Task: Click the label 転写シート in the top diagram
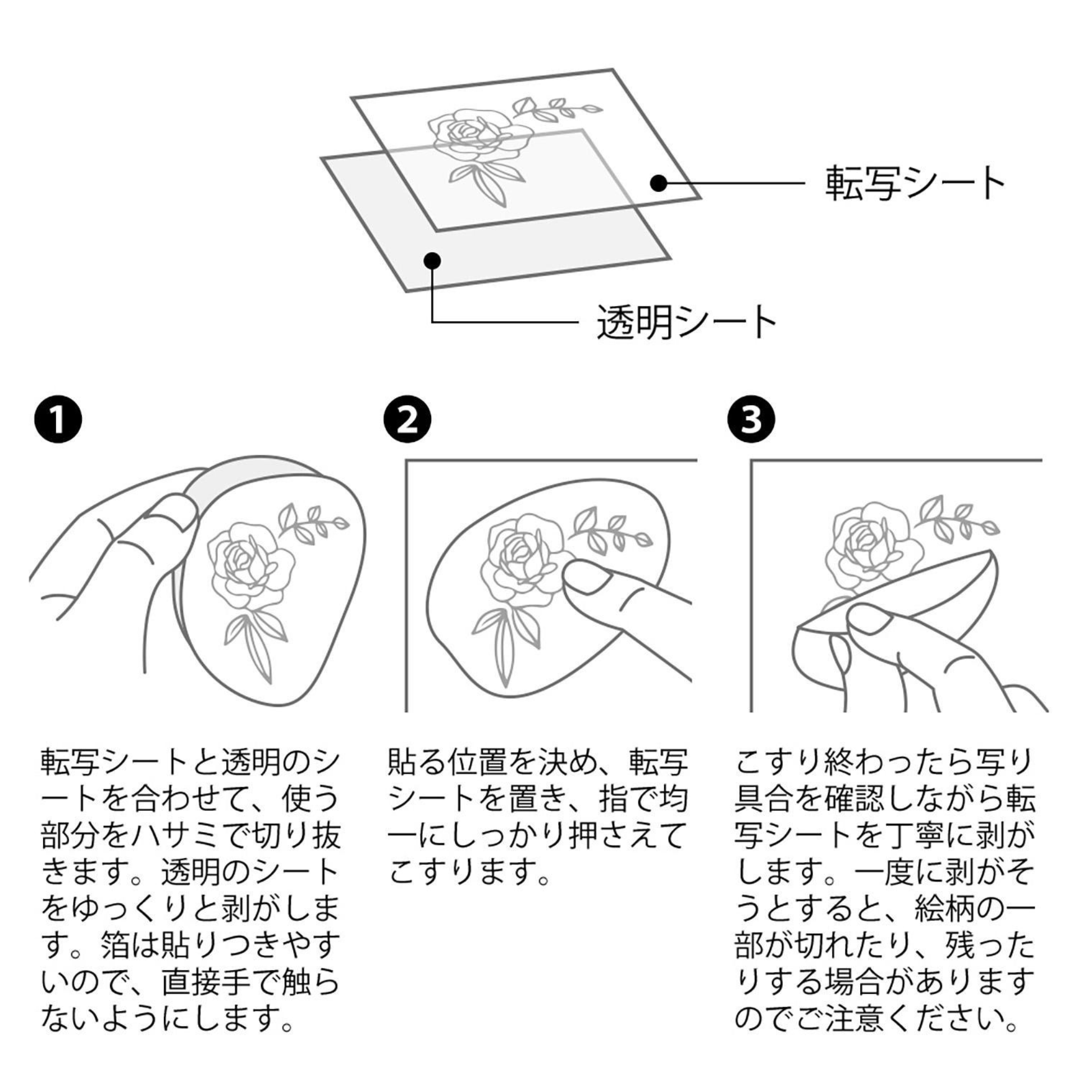coord(914,183)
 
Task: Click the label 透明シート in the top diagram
coord(686,322)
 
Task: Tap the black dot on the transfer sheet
coord(659,182)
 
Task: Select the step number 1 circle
coord(58,420)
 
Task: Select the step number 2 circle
coord(408,420)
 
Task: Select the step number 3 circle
coord(752,420)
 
